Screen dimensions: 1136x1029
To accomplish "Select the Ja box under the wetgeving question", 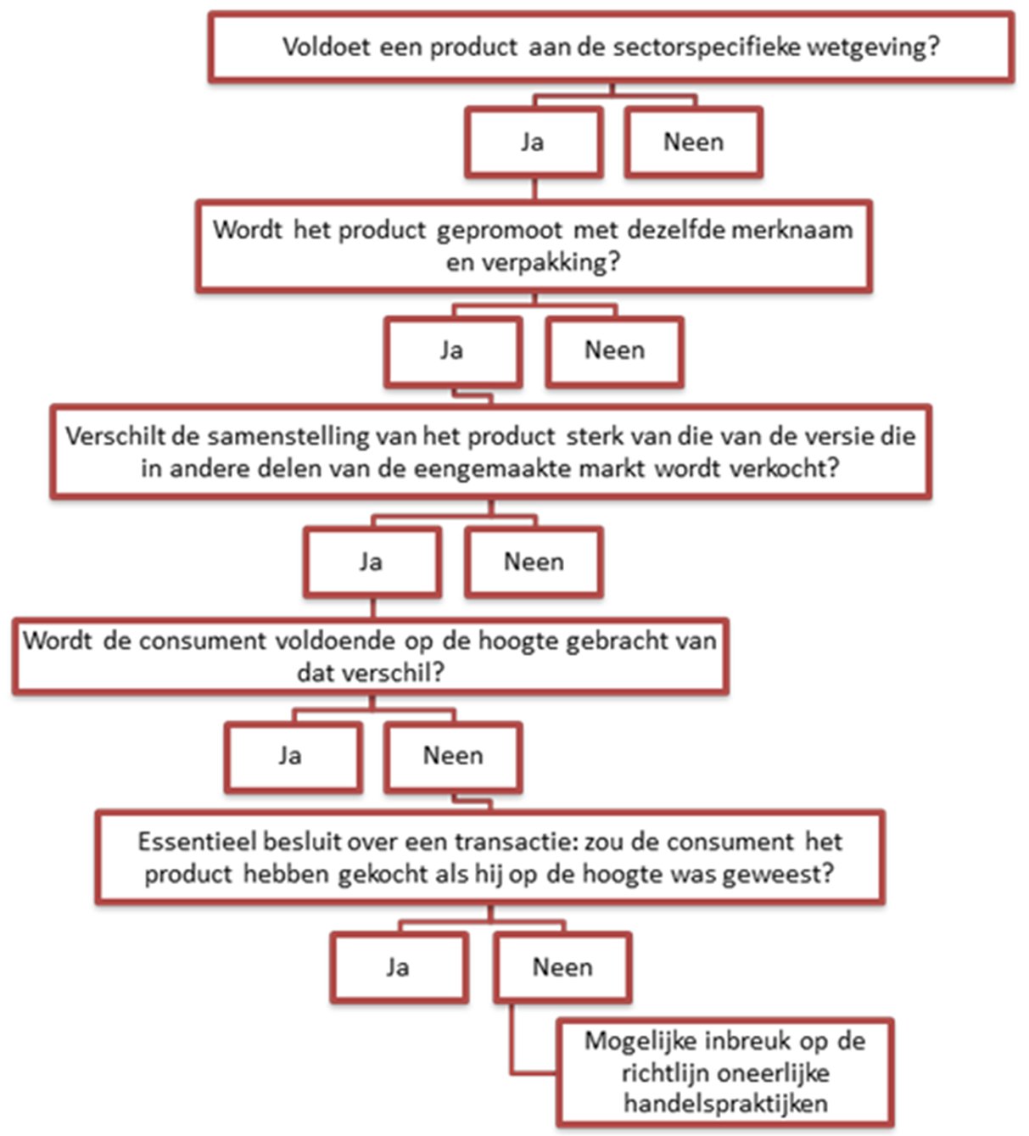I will tap(533, 142).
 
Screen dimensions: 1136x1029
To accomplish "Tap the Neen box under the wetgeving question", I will tap(693, 142).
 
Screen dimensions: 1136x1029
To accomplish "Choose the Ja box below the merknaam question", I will tap(451, 351).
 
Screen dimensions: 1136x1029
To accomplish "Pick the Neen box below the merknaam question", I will tap(614, 351).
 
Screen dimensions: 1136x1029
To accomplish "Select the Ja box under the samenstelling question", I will tap(372, 562).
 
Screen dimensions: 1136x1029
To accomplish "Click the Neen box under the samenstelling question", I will tap(534, 562).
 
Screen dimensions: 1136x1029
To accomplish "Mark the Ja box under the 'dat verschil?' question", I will tap(291, 756).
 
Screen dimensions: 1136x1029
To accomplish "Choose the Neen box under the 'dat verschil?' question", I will tap(453, 756).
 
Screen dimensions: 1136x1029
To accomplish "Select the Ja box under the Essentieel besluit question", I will tap(398, 967).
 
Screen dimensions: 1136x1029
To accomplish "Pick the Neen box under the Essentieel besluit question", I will tap(562, 967).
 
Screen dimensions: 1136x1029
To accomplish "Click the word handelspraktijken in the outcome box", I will tap(725, 1104).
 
